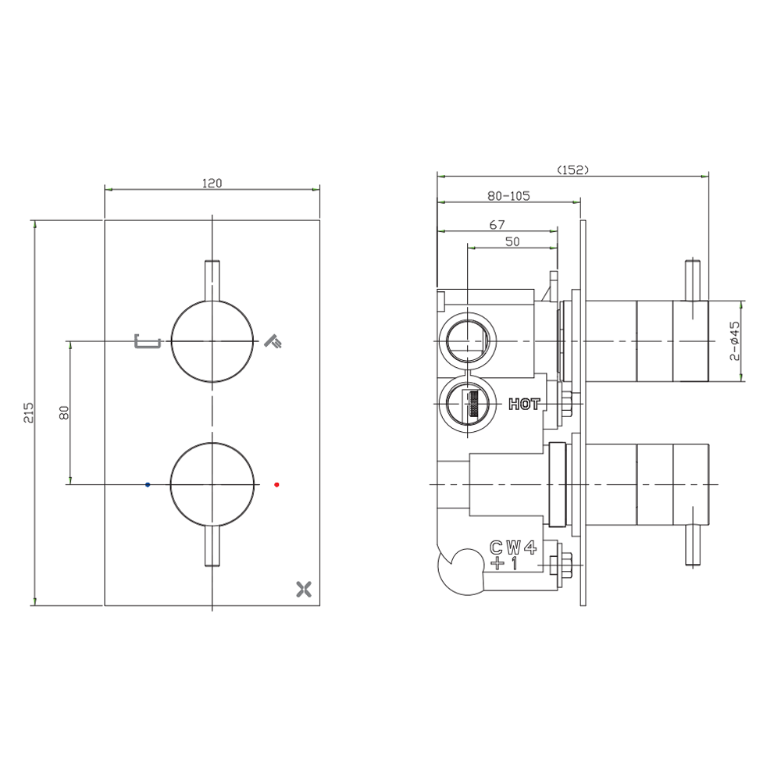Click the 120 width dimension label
click(212, 184)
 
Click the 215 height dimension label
click(29, 412)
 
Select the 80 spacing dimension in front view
click(64, 412)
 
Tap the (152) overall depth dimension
click(572, 169)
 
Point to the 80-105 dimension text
click(508, 196)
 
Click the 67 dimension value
click(497, 225)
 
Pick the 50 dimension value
click(512, 241)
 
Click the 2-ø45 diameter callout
click(735, 341)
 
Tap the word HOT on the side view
click(524, 404)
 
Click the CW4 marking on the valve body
click(514, 548)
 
